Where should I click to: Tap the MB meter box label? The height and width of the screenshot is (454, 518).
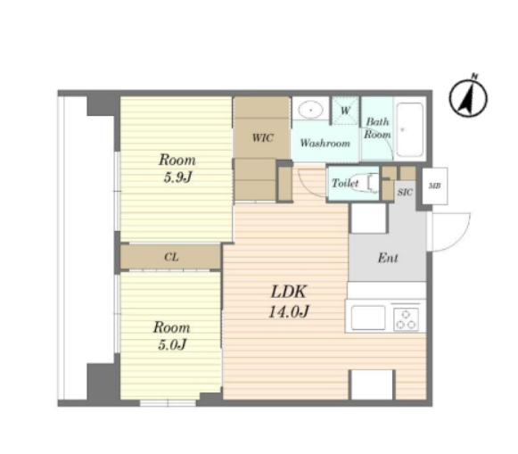tap(434, 186)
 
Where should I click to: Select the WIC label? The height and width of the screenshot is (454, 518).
tap(263, 137)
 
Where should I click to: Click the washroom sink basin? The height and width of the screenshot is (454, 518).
tap(310, 110)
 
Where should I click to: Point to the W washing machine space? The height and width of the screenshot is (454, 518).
tap(345, 111)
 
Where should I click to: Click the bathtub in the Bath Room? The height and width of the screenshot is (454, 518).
tap(409, 130)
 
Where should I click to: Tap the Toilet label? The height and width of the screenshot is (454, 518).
tap(345, 183)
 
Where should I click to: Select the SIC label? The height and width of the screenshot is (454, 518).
tap(405, 192)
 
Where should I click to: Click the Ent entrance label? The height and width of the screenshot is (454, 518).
tap(388, 258)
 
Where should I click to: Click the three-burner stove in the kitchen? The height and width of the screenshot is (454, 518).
tap(406, 319)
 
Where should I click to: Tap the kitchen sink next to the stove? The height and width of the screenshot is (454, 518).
tap(368, 318)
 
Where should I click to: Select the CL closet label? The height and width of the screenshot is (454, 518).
tap(171, 257)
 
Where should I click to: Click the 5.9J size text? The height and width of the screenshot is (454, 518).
tap(177, 177)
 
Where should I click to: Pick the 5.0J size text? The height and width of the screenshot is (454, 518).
tap(172, 345)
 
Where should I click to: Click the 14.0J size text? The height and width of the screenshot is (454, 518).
tap(289, 311)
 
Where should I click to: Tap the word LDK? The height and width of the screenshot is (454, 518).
tap(289, 292)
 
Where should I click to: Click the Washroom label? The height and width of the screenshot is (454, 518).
tap(325, 143)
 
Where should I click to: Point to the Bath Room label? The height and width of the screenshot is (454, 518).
tap(377, 128)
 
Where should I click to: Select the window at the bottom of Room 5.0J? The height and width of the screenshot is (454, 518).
tap(168, 403)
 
